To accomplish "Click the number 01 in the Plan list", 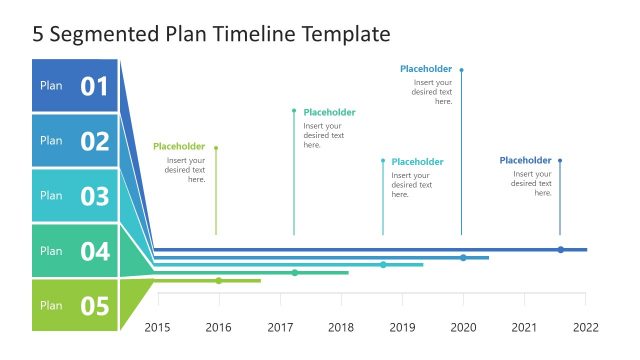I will pyautogui.click(x=94, y=86).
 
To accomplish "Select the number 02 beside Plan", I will pyautogui.click(x=94, y=141).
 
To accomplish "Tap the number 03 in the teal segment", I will pyautogui.click(x=94, y=196).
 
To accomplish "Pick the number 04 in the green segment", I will pyautogui.click(x=94, y=251).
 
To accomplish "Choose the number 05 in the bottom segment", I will pyautogui.click(x=94, y=306).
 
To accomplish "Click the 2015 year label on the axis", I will pyautogui.click(x=158, y=327).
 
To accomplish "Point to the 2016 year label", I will pyautogui.click(x=218, y=327).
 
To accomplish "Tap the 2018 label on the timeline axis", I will pyautogui.click(x=341, y=327).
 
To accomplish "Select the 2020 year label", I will pyautogui.click(x=463, y=327).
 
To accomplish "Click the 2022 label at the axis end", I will pyautogui.click(x=585, y=327).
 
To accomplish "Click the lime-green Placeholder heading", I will pyautogui.click(x=179, y=147).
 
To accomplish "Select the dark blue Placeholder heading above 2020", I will pyautogui.click(x=426, y=69).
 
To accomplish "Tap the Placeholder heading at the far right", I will pyautogui.click(x=525, y=160).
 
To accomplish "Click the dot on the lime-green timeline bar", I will pyautogui.click(x=219, y=280).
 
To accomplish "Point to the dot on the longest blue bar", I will pyautogui.click(x=560, y=249).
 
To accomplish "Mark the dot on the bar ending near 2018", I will pyautogui.click(x=295, y=272).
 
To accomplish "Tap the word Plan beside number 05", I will pyautogui.click(x=51, y=306).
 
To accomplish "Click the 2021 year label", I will pyautogui.click(x=524, y=327).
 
